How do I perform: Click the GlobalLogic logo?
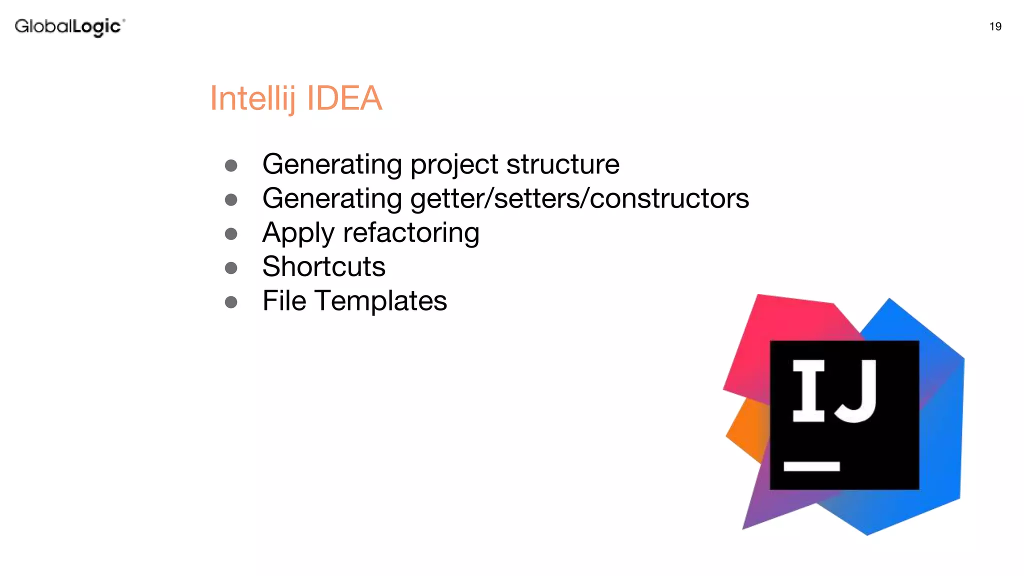click(x=69, y=26)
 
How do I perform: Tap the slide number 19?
click(x=995, y=26)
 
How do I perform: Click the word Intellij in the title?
click(x=253, y=98)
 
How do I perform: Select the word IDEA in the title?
click(x=344, y=98)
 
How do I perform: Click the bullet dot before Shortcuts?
click(x=231, y=268)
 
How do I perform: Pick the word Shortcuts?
click(x=324, y=266)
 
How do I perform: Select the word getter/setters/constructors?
click(x=579, y=198)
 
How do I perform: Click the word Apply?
click(x=298, y=233)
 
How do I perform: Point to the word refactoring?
click(x=411, y=233)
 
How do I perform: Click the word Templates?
click(x=381, y=301)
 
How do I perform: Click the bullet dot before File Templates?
click(x=231, y=302)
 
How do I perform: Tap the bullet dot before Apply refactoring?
click(x=231, y=234)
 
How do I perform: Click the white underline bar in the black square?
click(x=811, y=466)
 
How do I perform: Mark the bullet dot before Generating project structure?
click(x=231, y=165)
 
